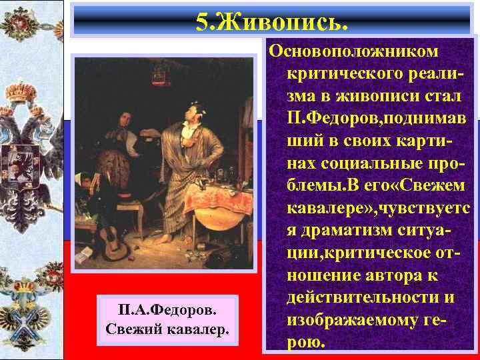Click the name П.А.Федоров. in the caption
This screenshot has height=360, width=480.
pos(167,311)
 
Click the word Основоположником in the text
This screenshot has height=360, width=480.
pos(353,51)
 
